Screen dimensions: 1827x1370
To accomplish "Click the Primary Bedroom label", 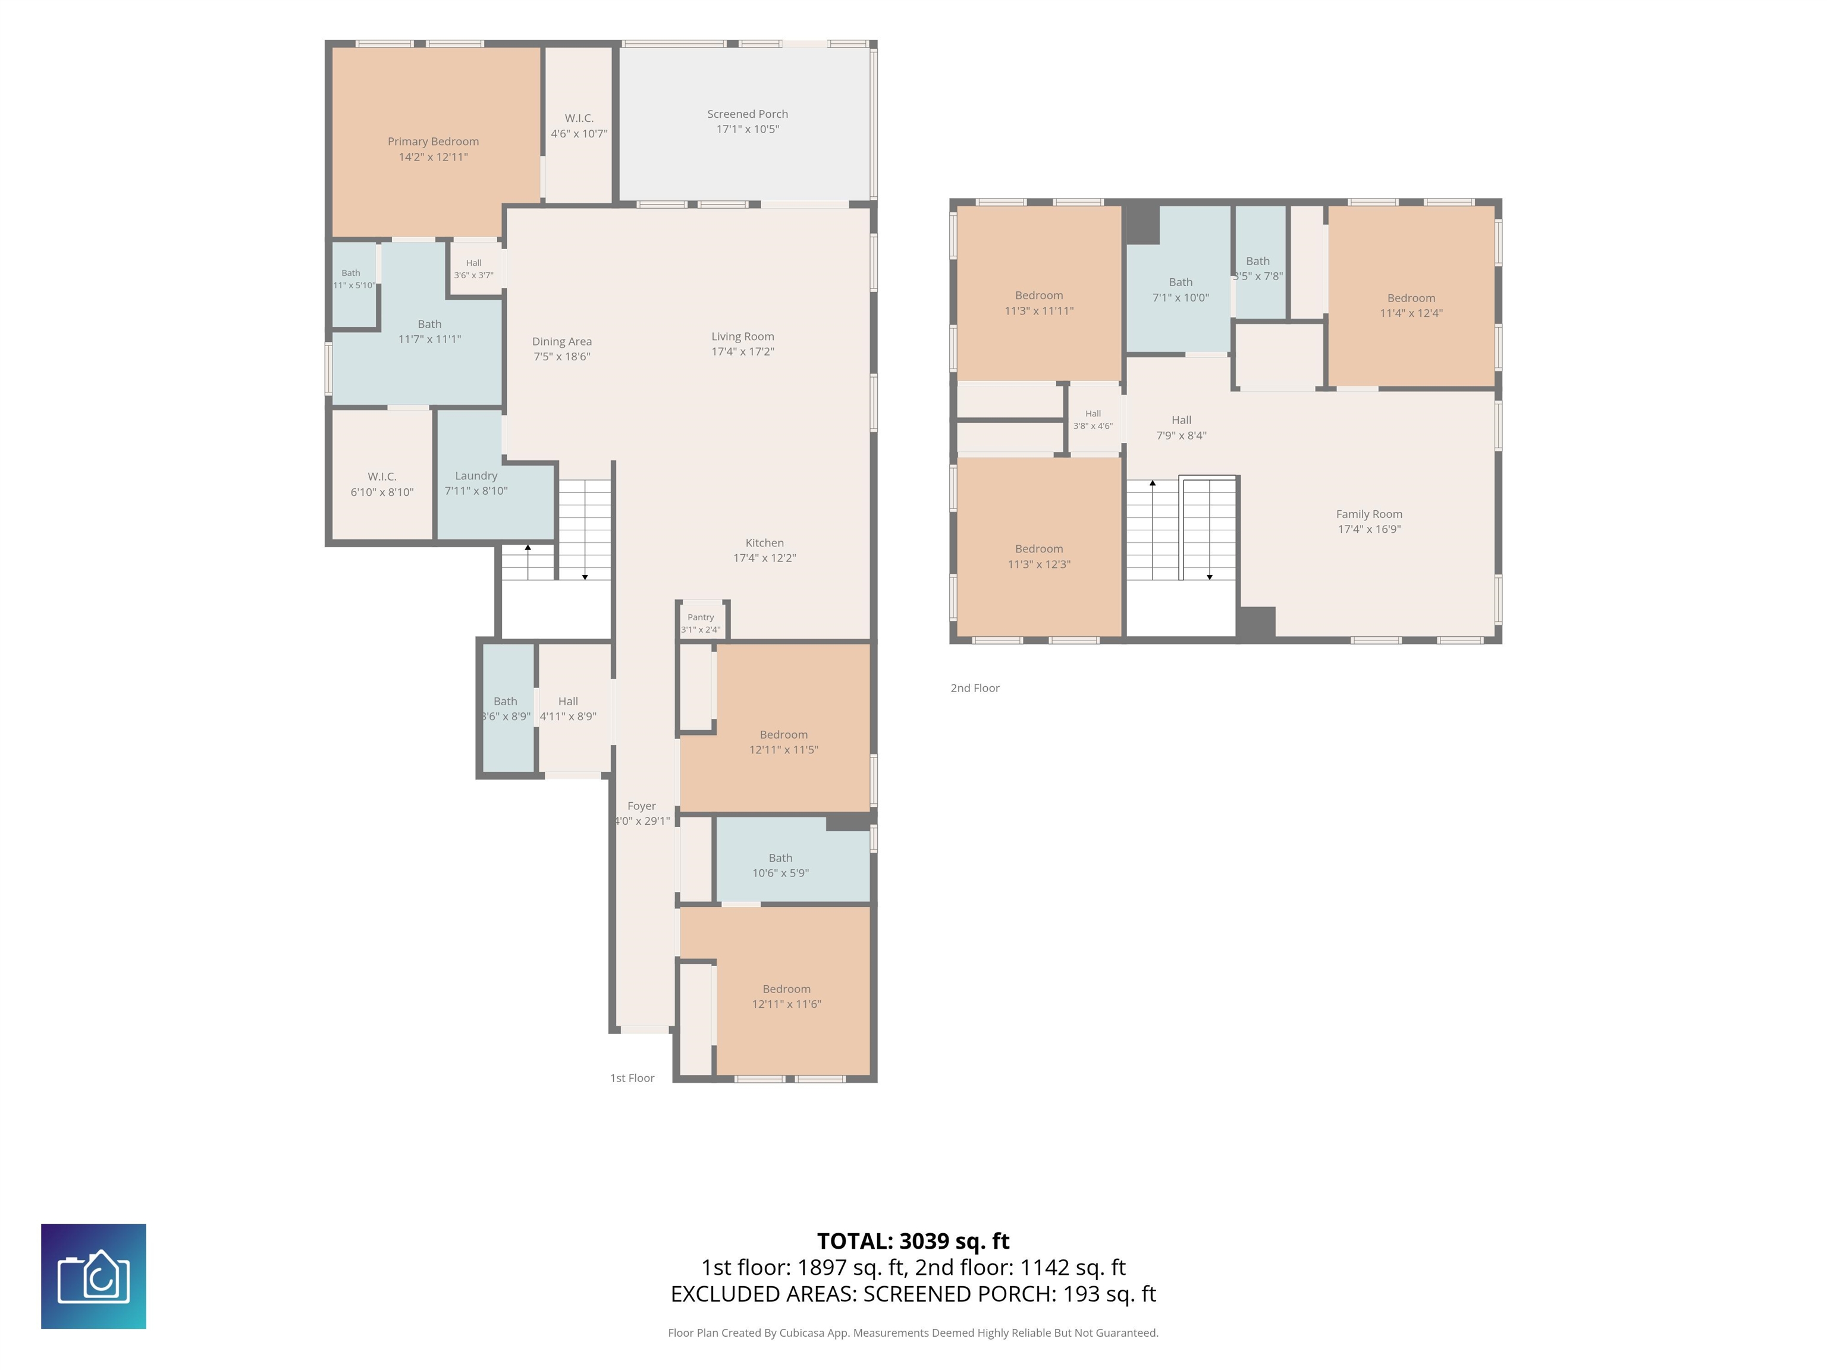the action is (433, 141).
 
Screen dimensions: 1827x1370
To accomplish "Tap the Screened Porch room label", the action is (748, 114).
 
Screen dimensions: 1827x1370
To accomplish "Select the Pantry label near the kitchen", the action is (701, 617).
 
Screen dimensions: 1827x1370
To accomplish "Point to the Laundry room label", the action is (476, 476).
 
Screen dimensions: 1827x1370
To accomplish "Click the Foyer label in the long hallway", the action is (642, 806).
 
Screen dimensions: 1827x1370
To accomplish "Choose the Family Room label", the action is (1370, 514).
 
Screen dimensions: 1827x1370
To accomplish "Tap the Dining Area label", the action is (561, 341).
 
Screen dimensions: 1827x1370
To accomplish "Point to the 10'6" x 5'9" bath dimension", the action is (780, 873).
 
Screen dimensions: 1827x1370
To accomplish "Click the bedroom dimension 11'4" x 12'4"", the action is (1411, 313).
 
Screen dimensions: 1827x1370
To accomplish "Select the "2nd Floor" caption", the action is (975, 688).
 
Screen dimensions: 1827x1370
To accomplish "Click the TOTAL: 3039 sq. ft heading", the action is (913, 1241).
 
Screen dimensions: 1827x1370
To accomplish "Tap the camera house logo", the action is (93, 1277).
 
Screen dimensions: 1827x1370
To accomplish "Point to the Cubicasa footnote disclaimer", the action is (913, 1333).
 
